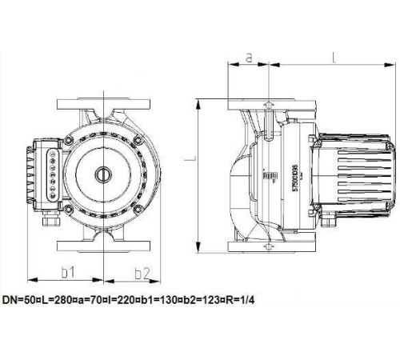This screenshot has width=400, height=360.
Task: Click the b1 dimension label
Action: pos(68,272)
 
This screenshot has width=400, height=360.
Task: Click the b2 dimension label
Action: pos(142,272)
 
